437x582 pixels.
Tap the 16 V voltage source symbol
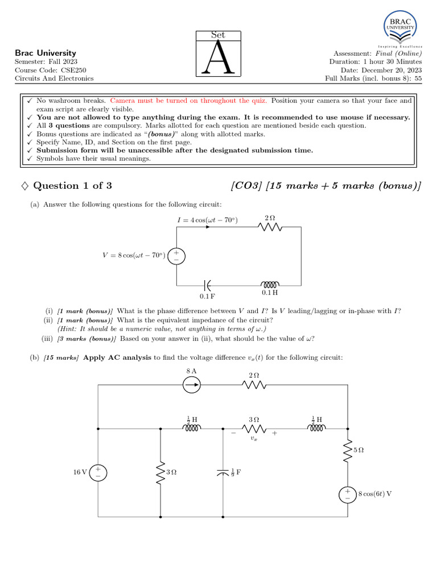[98, 471]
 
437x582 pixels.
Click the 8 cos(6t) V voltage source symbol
[347, 494]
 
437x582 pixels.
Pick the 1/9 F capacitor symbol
[222, 472]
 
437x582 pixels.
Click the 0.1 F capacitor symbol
[207, 284]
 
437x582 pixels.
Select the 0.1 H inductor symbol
[270, 284]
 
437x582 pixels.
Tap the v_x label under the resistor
[254, 439]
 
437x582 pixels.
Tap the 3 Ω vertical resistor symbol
[160, 472]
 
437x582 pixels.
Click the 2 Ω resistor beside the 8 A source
[254, 386]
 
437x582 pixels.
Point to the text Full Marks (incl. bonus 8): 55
[373, 78]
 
